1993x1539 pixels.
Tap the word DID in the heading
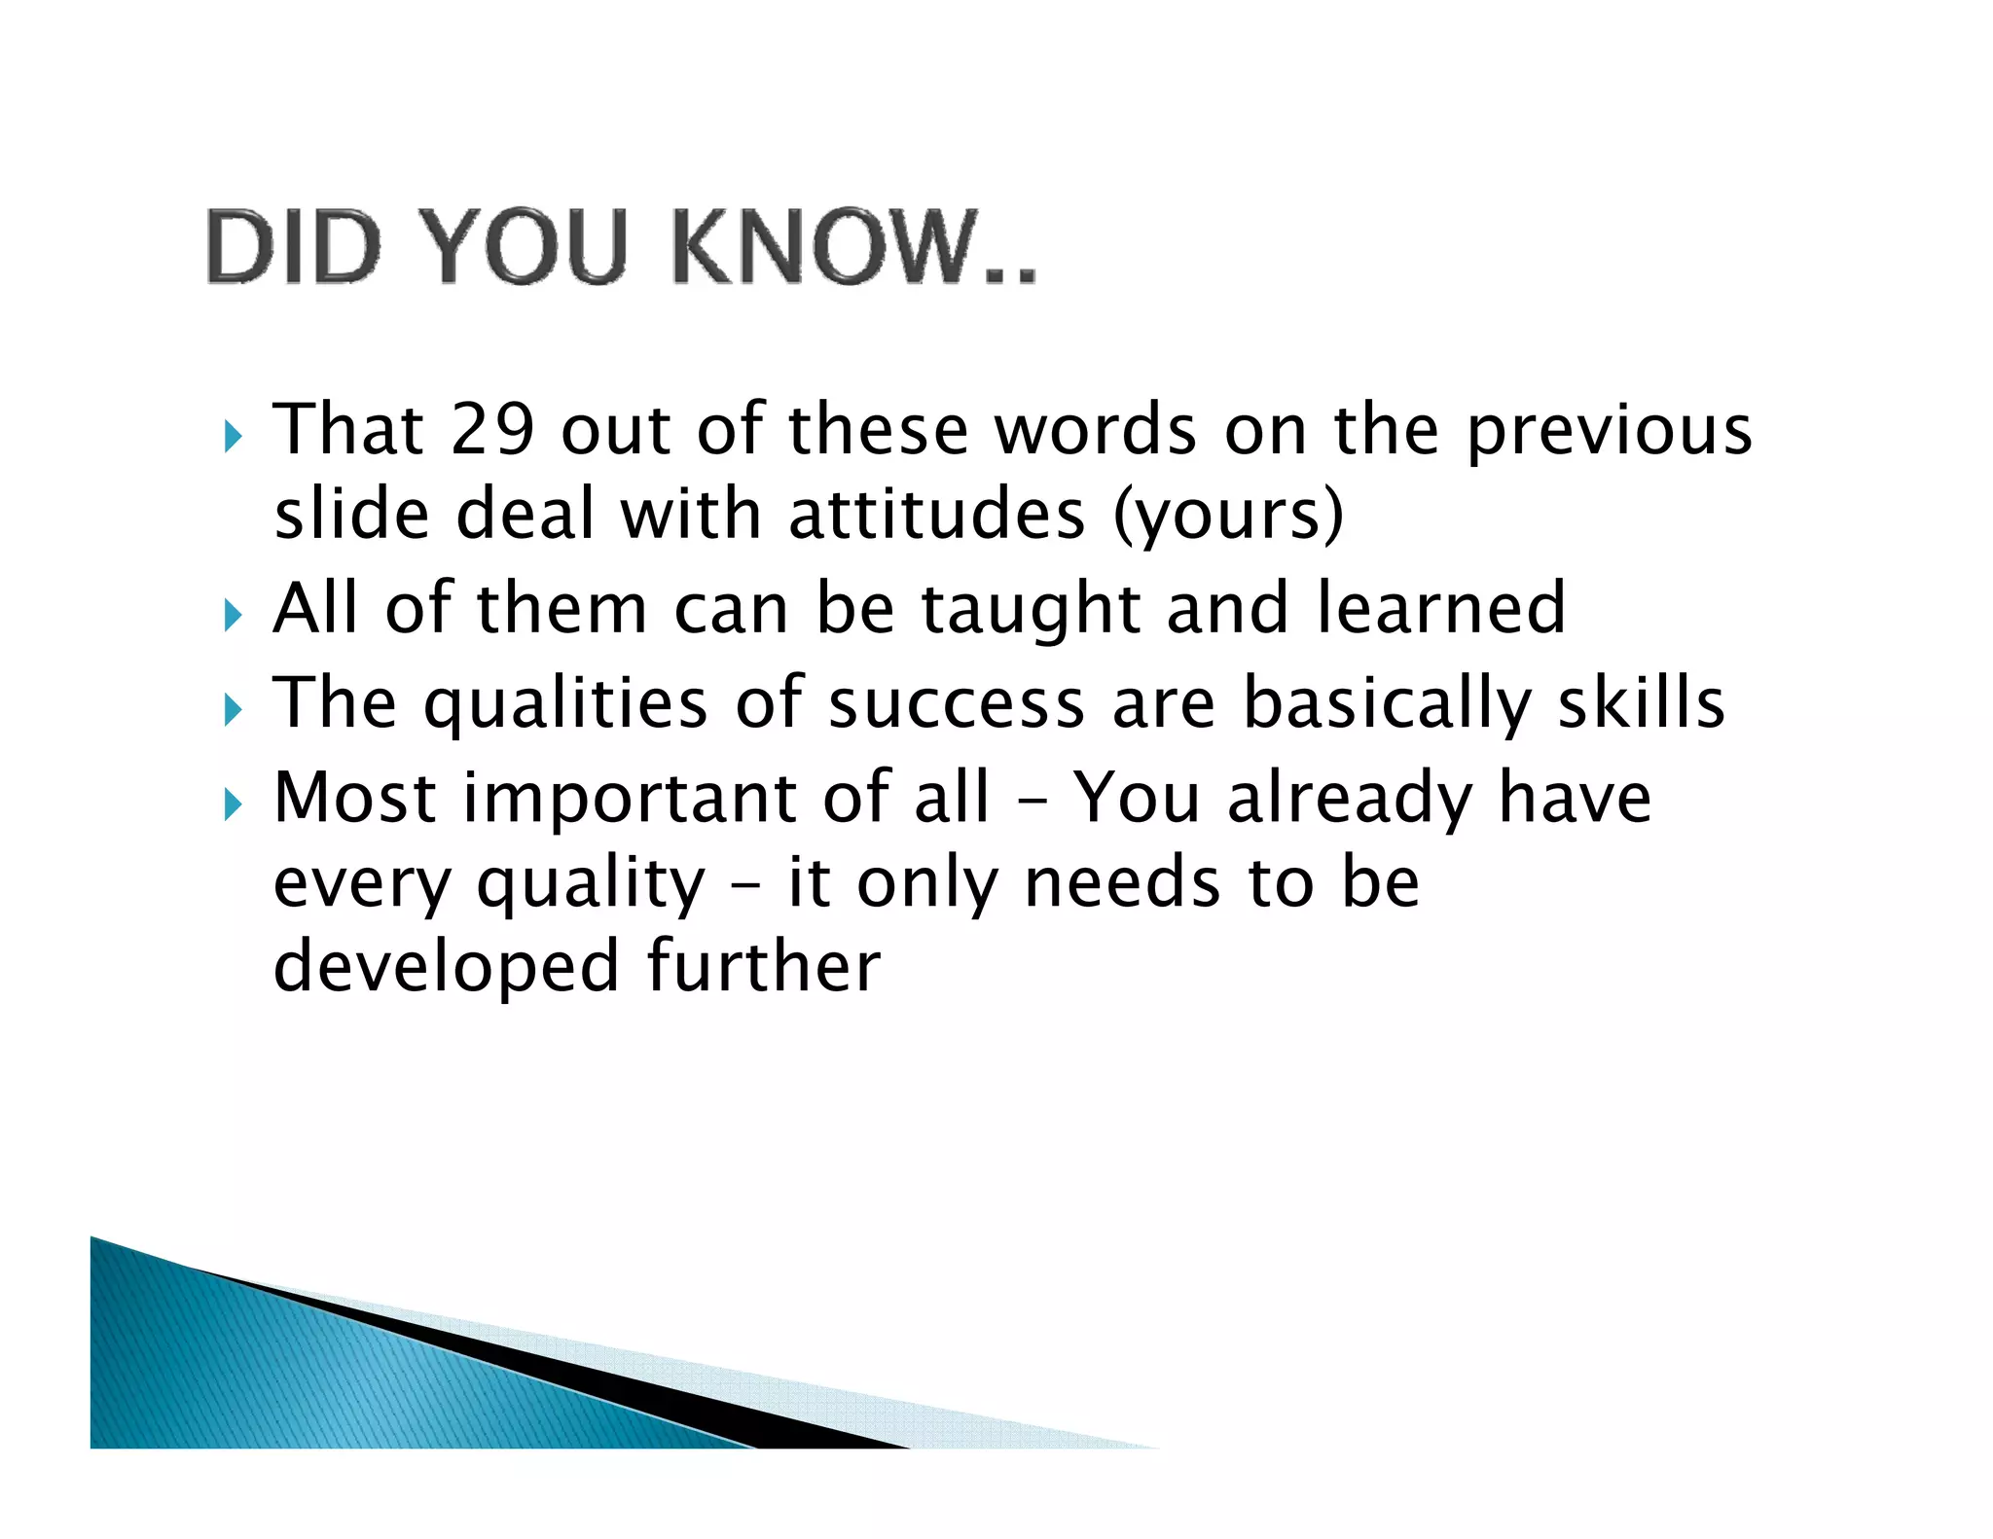pyautogui.click(x=292, y=247)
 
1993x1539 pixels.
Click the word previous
pyautogui.click(x=1609, y=431)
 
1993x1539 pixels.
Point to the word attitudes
pyautogui.click(x=936, y=515)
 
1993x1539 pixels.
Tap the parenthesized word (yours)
pyautogui.click(x=1228, y=517)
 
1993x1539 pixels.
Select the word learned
pyautogui.click(x=1441, y=608)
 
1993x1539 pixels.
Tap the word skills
pyautogui.click(x=1641, y=702)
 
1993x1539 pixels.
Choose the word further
pyautogui.click(x=764, y=966)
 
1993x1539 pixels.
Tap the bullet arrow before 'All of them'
pyautogui.click(x=232, y=615)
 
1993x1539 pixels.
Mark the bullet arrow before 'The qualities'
pyautogui.click(x=232, y=710)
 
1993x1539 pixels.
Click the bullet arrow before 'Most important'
pyautogui.click(x=232, y=805)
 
